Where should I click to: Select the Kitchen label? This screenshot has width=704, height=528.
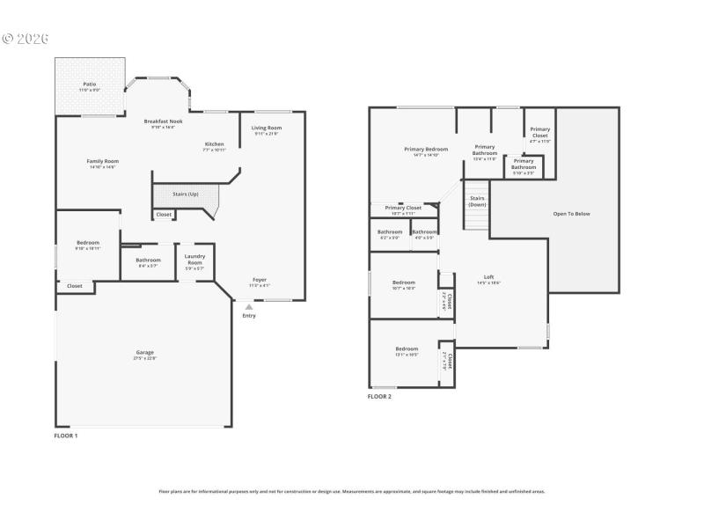(215, 144)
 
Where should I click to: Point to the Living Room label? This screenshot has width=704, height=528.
(266, 128)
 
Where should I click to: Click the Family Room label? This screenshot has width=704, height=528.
(102, 161)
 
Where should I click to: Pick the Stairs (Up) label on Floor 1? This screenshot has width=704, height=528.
(185, 193)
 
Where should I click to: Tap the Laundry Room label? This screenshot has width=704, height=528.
(194, 260)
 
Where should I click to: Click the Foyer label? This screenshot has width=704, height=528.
(260, 280)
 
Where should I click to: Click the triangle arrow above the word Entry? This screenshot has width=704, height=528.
(249, 307)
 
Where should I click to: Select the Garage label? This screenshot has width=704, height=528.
(144, 353)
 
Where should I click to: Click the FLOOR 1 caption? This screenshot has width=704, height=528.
(66, 436)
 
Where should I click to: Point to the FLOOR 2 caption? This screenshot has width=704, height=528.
(379, 397)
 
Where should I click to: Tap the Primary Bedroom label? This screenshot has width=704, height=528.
(426, 150)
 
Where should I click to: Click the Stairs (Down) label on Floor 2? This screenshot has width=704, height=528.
(477, 202)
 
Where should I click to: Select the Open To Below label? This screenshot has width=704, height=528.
(571, 214)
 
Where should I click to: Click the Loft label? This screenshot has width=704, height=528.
(488, 277)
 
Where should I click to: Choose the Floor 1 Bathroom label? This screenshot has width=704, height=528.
(148, 260)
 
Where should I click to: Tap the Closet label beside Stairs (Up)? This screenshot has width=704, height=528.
(164, 215)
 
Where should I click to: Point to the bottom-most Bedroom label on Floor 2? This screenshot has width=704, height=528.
(407, 348)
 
